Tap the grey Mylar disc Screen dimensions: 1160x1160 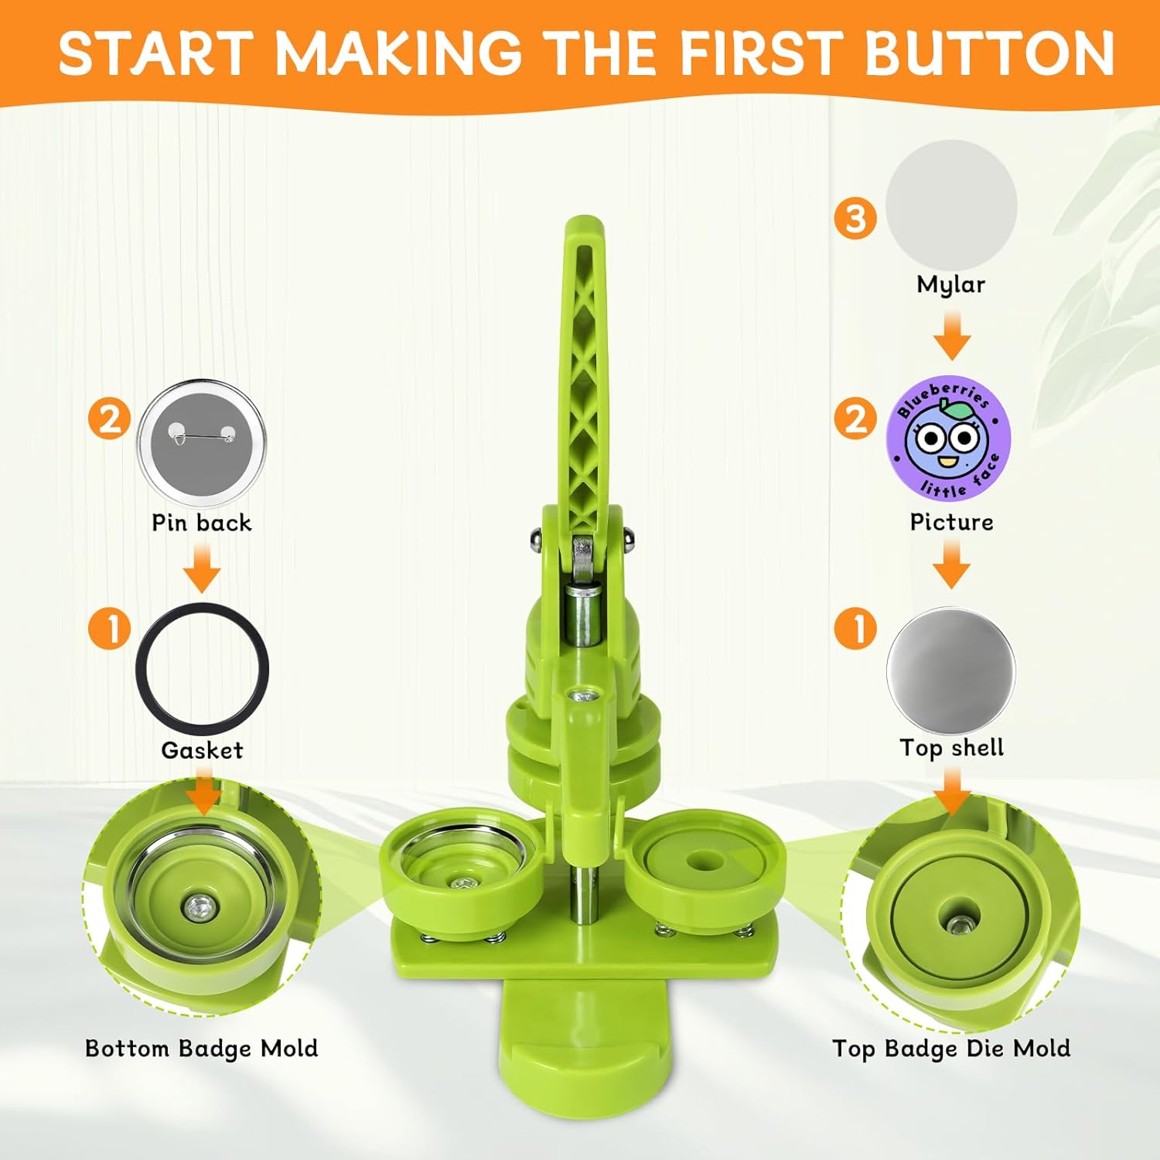[x=951, y=205]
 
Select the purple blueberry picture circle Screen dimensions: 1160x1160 [x=948, y=440]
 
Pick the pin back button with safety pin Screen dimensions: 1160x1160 [x=202, y=443]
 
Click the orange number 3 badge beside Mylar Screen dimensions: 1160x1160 [x=855, y=218]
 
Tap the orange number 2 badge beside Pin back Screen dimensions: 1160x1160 [x=110, y=419]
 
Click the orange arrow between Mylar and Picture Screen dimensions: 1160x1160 [x=952, y=336]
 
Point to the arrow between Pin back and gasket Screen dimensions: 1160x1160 [x=203, y=567]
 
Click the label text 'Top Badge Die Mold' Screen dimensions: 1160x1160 [x=951, y=1049]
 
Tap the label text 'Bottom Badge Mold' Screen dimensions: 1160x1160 [x=202, y=1049]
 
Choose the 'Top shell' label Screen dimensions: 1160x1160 [x=951, y=748]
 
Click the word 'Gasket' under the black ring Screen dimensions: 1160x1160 [x=202, y=749]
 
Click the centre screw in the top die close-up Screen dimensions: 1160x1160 [x=959, y=923]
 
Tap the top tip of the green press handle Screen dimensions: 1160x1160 [x=584, y=219]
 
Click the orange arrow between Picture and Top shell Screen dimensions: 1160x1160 [x=952, y=564]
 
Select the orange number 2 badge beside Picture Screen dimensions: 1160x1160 [x=855, y=419]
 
